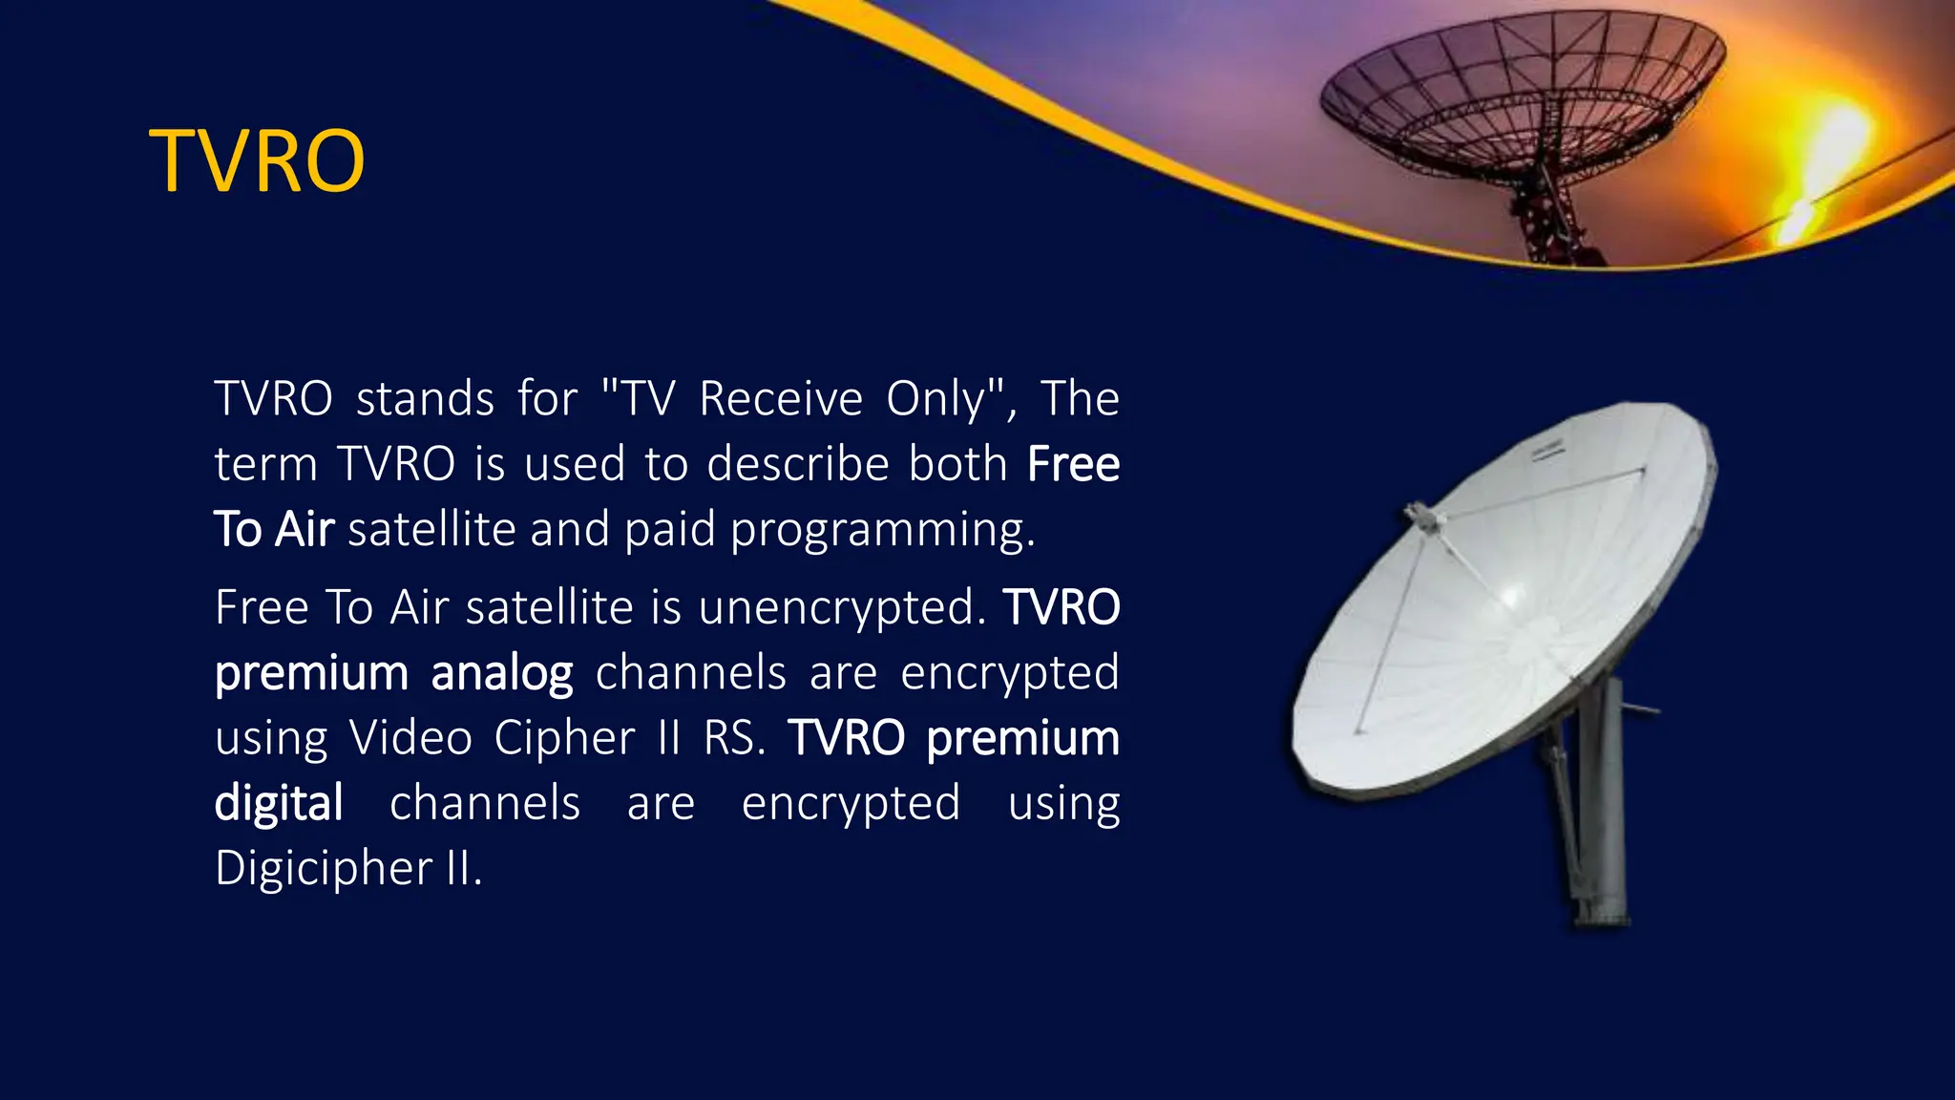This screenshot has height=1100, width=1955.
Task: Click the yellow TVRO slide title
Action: point(257,161)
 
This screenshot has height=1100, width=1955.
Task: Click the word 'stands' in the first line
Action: point(425,398)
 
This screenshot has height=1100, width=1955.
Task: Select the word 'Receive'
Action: point(780,398)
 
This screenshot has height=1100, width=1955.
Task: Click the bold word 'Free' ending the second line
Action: point(1073,464)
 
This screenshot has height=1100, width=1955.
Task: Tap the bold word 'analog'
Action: point(502,673)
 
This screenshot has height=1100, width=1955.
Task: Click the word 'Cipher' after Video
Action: point(564,737)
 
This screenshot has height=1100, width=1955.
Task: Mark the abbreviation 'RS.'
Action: point(734,737)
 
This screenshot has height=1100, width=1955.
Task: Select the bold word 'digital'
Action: point(279,803)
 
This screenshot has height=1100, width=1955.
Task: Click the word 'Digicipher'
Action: point(324,869)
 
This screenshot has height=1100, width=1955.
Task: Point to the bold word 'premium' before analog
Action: point(311,673)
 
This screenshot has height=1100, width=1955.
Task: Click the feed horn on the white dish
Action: point(1421,518)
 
